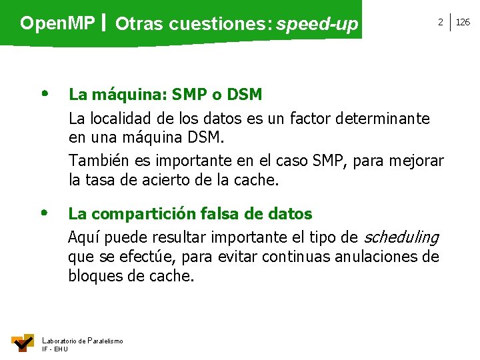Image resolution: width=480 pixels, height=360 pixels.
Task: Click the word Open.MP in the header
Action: tap(57, 24)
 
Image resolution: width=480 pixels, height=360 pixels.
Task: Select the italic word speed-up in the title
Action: tap(317, 25)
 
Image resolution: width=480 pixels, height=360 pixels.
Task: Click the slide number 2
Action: tap(440, 23)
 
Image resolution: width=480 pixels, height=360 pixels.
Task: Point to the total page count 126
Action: tap(463, 23)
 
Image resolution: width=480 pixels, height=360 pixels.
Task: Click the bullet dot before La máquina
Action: tap(44, 94)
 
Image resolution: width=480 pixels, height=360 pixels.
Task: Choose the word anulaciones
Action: tap(372, 257)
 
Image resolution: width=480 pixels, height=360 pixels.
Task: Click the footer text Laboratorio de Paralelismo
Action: tap(82, 341)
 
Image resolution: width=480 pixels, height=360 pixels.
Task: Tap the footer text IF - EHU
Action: tap(55, 349)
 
